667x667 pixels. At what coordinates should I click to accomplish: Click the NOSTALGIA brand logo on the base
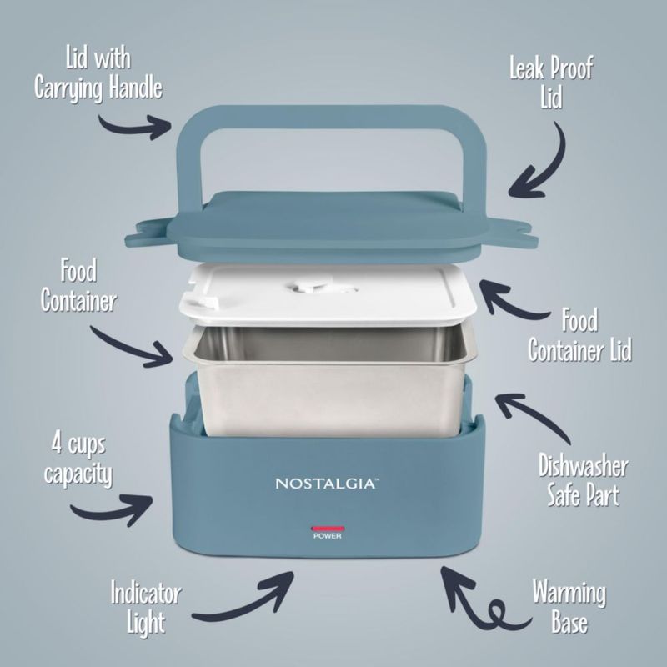pyautogui.click(x=327, y=484)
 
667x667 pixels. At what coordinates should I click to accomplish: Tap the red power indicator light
pyautogui.click(x=328, y=529)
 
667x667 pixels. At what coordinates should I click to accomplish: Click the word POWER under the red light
pyautogui.click(x=328, y=536)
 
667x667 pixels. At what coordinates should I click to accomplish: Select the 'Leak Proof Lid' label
pyautogui.click(x=551, y=83)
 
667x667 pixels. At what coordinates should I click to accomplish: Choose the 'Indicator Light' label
pyautogui.click(x=146, y=608)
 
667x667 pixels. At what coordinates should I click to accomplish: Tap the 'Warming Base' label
pyautogui.click(x=569, y=607)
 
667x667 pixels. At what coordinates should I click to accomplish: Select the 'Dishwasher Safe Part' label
pyautogui.click(x=583, y=480)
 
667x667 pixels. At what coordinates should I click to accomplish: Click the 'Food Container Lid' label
pyautogui.click(x=579, y=335)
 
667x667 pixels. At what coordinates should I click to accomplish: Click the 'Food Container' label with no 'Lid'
pyautogui.click(x=78, y=285)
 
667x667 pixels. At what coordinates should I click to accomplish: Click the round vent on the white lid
pyautogui.click(x=312, y=286)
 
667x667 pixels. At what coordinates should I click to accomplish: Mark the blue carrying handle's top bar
pyautogui.click(x=331, y=117)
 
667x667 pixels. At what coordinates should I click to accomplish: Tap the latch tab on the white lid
pyautogui.click(x=201, y=300)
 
